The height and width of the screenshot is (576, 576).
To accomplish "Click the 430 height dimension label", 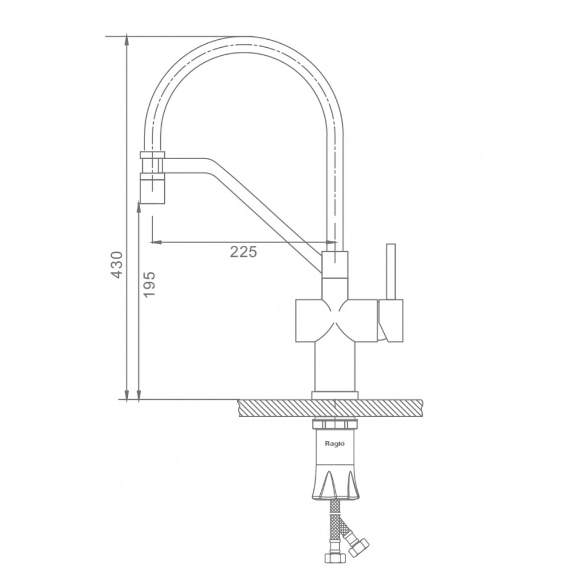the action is click(x=116, y=264).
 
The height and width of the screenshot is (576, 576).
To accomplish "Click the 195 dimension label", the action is click(x=149, y=285).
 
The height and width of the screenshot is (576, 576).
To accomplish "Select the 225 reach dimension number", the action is click(x=243, y=252).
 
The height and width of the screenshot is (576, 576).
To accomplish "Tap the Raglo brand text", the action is click(x=335, y=444).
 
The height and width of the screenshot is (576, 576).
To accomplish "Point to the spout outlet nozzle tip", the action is click(x=153, y=188).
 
